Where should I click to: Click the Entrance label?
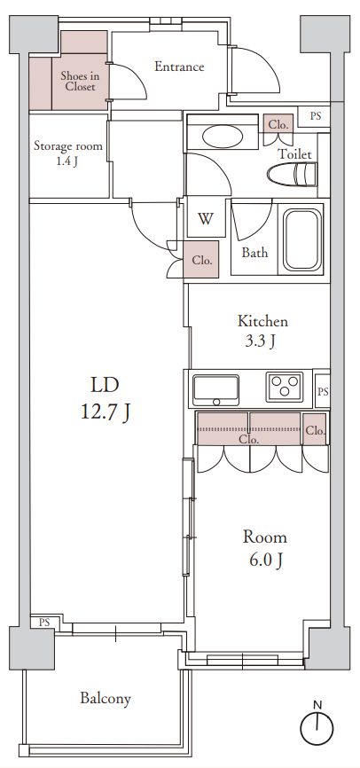[179, 67]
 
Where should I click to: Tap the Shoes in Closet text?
[77, 82]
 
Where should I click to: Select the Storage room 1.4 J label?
[68, 153]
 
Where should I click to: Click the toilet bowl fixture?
[293, 175]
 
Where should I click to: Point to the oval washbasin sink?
[223, 137]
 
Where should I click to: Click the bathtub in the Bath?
[302, 239]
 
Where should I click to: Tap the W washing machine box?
[206, 218]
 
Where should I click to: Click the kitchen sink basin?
[216, 389]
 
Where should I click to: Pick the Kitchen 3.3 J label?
[262, 332]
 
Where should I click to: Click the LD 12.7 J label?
[105, 399]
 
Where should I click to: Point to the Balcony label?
[106, 698]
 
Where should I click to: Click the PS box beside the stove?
[322, 391]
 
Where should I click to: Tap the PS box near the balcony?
[45, 623]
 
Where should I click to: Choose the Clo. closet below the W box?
[201, 260]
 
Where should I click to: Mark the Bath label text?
[255, 254]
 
